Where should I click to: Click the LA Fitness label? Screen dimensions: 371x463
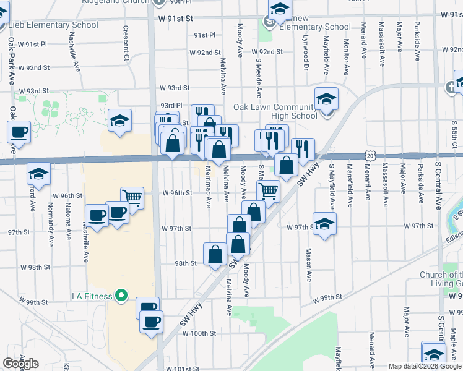92,296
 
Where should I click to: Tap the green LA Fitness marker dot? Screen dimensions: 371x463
122,296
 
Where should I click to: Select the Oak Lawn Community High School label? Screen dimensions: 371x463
275,111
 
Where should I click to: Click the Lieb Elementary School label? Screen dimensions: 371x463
53,25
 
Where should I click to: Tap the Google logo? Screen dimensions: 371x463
20,364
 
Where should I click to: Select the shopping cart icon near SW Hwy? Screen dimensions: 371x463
268,190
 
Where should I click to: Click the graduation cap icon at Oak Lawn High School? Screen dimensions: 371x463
326,98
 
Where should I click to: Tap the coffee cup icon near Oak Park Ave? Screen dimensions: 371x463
19,132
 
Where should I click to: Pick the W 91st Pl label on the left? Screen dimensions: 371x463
33,45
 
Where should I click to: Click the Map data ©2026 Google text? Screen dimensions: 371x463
425,366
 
